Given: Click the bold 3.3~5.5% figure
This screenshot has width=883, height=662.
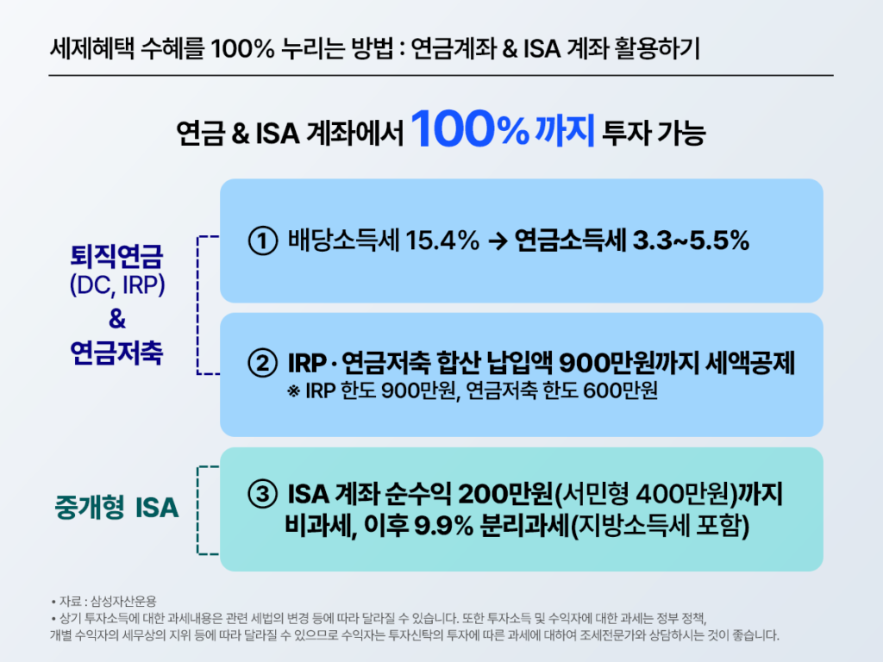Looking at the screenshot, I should tap(698, 241).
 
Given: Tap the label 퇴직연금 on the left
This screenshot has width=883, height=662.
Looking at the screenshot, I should tap(117, 256).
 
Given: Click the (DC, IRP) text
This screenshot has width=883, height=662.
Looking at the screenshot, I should tap(117, 286).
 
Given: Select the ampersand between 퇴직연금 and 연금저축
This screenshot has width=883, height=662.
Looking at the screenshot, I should tap(117, 320).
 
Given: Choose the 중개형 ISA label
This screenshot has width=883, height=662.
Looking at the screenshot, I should tap(116, 509).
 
